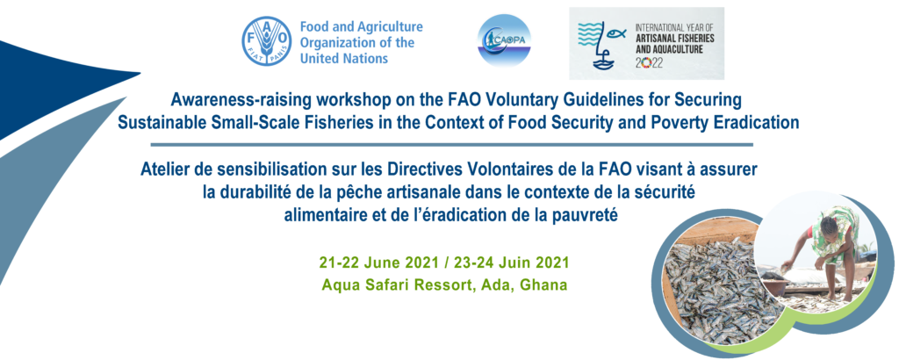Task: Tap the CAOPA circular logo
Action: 504,40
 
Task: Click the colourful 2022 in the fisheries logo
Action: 649,63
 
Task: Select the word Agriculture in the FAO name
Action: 390,27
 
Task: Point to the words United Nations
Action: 344,59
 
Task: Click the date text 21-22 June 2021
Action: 380,263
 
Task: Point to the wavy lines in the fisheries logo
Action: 592,34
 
